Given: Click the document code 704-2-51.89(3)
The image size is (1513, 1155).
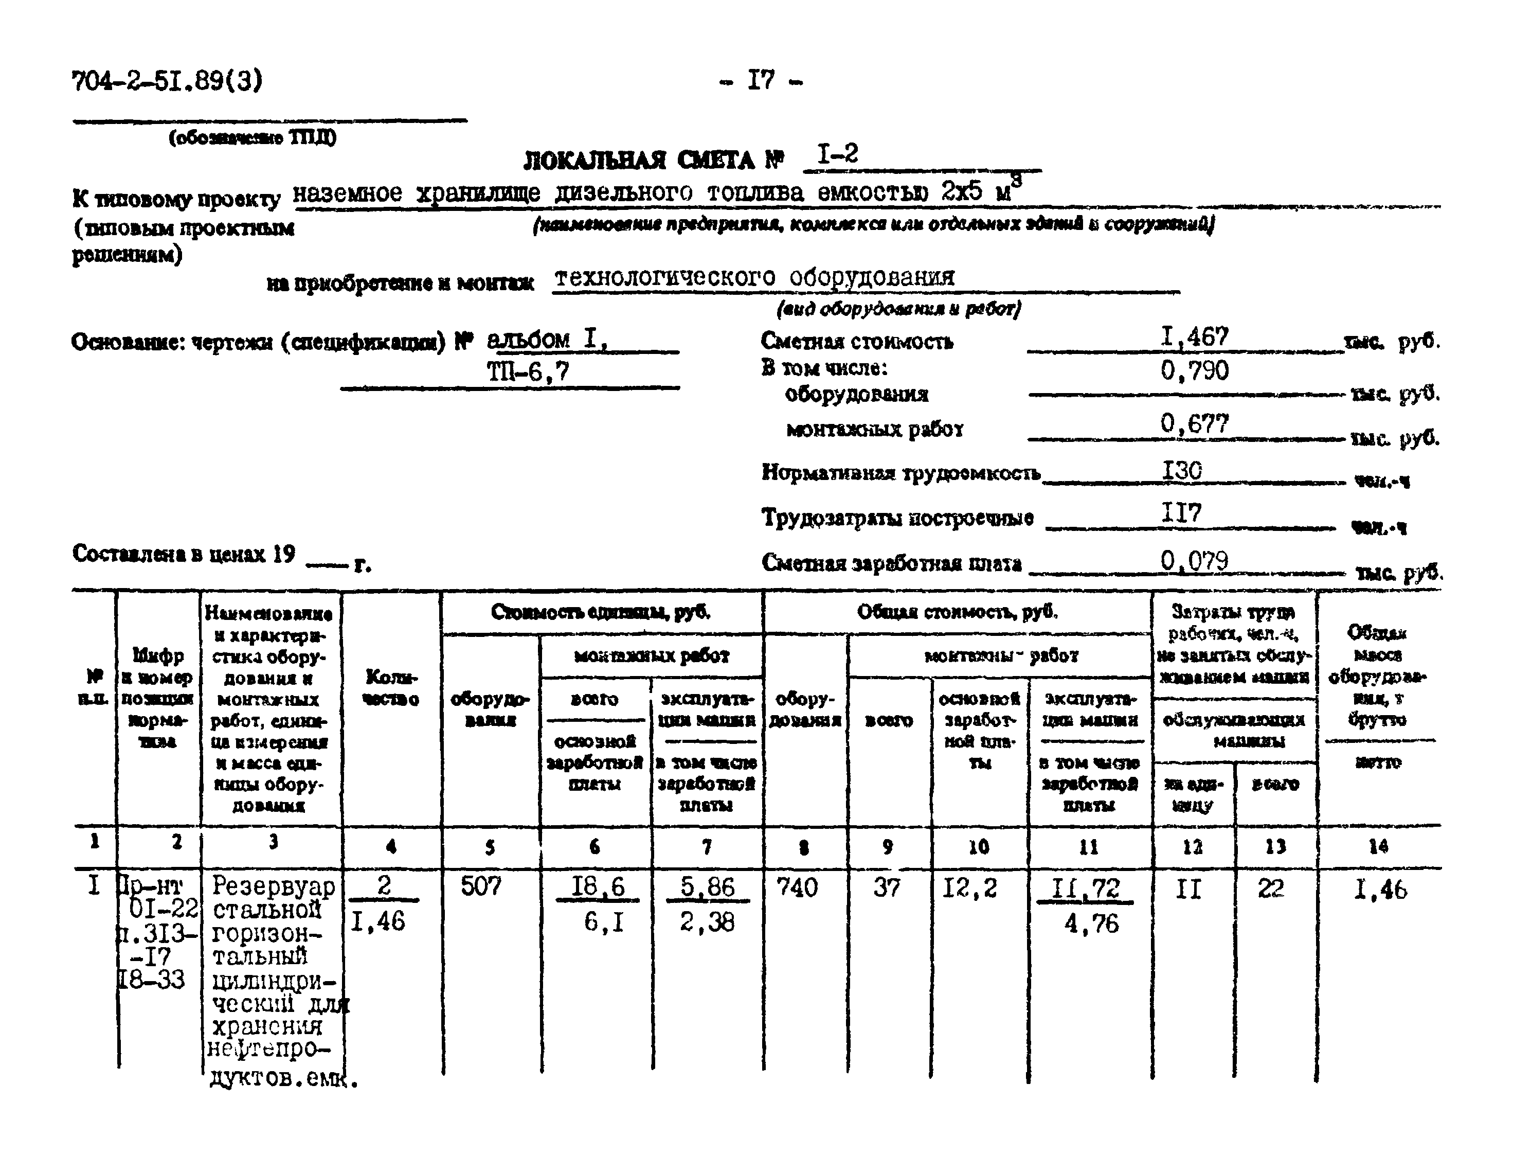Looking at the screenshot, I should (167, 82).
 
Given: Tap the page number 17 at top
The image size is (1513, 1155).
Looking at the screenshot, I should (761, 81).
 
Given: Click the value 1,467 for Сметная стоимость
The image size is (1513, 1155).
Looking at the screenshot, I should (1194, 337).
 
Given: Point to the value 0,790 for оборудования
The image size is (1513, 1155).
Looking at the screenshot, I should (1194, 371).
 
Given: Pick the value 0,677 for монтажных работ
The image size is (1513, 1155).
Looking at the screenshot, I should (1194, 423).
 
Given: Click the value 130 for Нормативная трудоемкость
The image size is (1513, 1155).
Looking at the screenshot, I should (1182, 471).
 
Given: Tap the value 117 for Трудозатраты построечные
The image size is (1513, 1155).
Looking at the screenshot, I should (1181, 513).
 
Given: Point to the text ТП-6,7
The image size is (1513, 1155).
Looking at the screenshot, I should (528, 372).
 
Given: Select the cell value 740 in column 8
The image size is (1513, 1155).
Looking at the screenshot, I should (797, 887).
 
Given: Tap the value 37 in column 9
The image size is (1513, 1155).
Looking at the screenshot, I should (887, 887).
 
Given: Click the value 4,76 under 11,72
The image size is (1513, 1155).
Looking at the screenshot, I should (1091, 924).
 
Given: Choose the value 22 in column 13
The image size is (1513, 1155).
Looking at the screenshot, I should (1270, 889).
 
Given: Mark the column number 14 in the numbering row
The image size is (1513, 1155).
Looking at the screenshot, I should (1378, 846).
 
